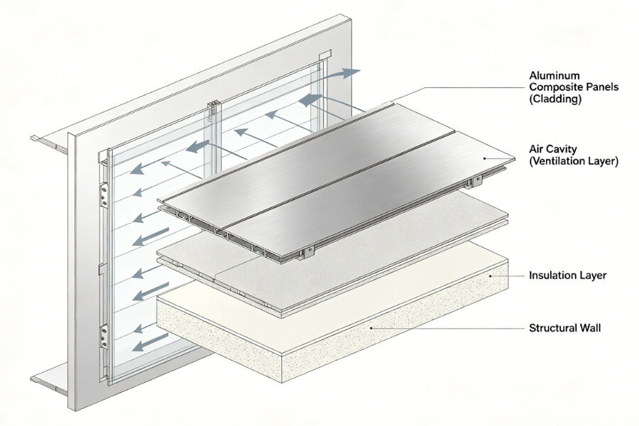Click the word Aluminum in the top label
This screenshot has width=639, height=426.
point(552,75)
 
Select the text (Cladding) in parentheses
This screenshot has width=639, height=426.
point(555,100)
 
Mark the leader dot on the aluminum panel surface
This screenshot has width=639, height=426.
point(485,158)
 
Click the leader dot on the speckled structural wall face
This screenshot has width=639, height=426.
point(371,329)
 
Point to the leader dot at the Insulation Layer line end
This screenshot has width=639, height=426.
point(490,275)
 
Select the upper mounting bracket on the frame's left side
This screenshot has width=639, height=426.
point(104,195)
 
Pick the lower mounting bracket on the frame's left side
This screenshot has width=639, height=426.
point(104,334)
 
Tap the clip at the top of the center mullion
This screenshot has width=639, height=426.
point(212,109)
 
